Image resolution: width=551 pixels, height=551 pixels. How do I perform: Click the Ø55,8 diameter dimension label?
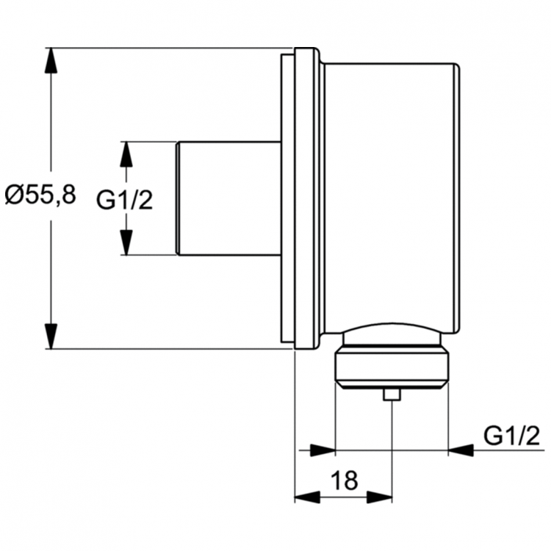point(40,195)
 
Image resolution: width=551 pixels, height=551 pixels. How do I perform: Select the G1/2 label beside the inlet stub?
point(125,198)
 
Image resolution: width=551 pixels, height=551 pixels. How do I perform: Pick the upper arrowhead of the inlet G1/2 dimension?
point(126,154)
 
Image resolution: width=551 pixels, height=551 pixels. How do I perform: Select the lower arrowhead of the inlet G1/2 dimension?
point(126,243)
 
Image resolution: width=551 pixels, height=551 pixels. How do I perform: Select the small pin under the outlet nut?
point(392,395)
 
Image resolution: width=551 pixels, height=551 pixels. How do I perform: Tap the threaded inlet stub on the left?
point(228,198)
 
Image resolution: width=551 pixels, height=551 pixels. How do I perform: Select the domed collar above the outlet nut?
point(391,334)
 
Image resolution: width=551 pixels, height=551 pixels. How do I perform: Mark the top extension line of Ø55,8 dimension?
point(169,48)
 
